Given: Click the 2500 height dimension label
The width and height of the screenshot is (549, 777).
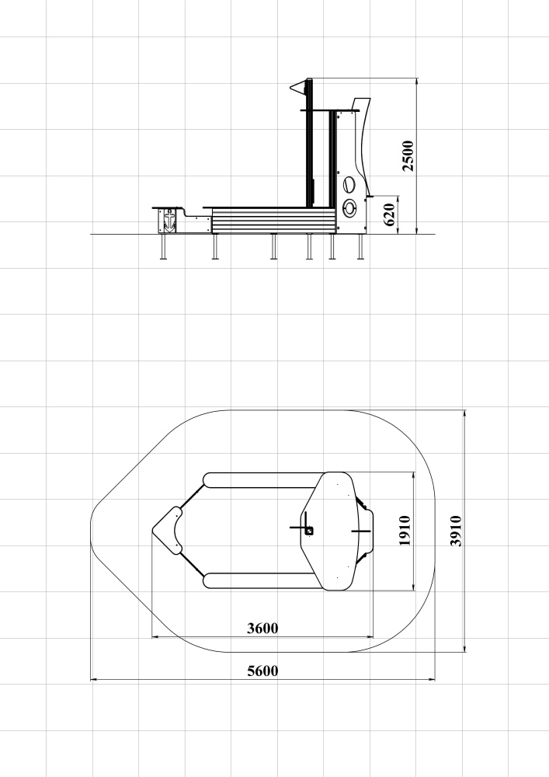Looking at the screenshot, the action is tap(408, 155).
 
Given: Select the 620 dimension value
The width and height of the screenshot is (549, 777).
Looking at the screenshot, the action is tap(390, 214).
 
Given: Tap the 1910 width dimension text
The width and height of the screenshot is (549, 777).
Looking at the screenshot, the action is tap(405, 531).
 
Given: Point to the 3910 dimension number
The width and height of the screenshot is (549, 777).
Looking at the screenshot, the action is tap(456, 531).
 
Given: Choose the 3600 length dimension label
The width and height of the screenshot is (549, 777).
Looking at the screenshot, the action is tap(262, 629).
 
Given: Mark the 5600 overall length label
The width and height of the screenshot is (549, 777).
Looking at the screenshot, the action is tap(262, 671).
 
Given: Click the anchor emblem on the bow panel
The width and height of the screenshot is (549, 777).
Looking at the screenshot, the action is tap(169, 221).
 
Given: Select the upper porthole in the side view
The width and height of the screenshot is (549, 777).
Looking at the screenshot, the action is tap(349, 185).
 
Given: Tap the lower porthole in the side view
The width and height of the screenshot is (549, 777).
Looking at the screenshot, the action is tap(349, 207).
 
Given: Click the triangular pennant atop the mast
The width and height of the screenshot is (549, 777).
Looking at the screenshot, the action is tap(298, 88).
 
